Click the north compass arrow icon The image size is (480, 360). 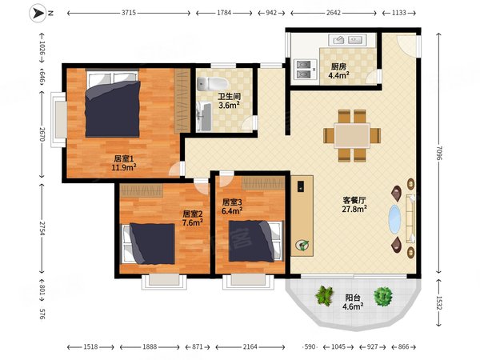38,13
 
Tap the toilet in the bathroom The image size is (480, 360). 213,83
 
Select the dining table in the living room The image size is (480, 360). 352,136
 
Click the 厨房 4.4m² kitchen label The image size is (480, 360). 339,70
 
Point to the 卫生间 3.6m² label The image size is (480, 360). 229,101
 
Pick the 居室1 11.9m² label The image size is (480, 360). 124,163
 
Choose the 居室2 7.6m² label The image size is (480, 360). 193,218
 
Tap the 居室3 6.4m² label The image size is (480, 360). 232,206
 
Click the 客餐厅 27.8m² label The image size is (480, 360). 354,205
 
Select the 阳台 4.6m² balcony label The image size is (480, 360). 353,302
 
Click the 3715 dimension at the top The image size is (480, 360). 129,13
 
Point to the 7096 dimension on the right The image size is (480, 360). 439,153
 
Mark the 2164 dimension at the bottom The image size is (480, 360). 250,347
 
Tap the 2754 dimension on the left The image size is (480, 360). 42,228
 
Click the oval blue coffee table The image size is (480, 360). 394,219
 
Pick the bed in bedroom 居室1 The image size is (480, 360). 113,103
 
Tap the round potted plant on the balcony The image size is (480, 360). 382,296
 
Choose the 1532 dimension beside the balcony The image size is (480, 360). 439,303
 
